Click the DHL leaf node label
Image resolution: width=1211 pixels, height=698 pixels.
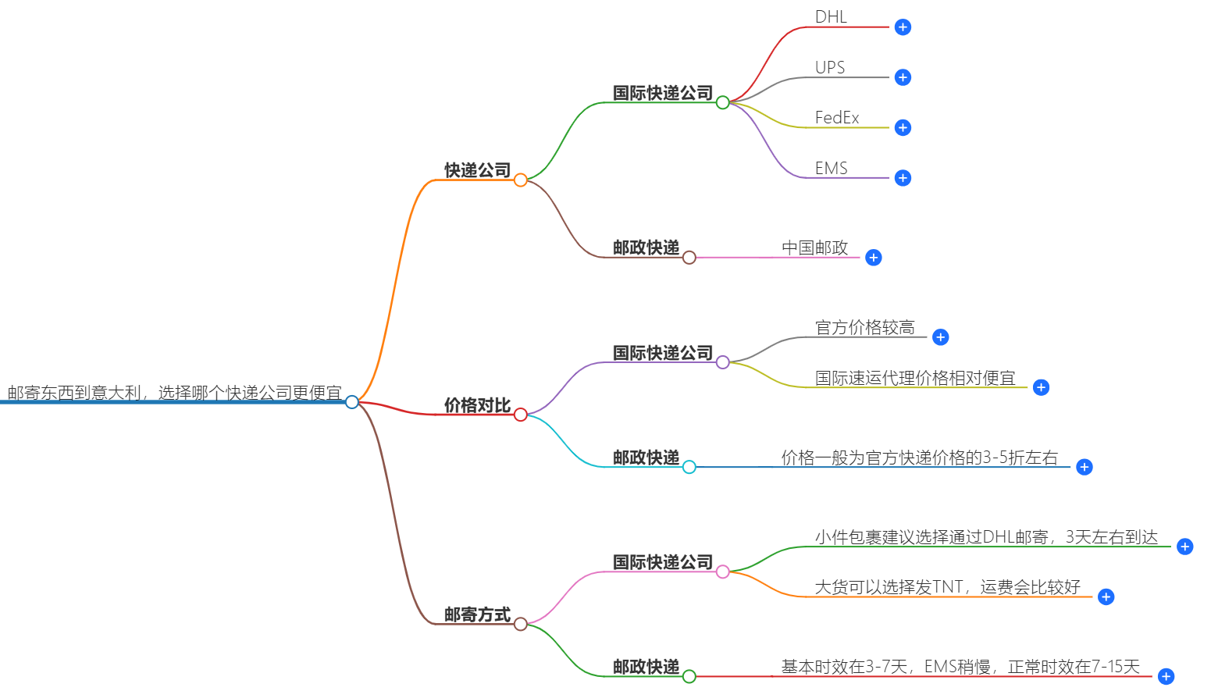(830, 17)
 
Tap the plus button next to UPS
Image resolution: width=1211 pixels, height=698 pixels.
(903, 77)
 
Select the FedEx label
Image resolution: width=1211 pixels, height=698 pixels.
(836, 118)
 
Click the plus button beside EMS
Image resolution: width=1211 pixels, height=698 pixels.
(903, 178)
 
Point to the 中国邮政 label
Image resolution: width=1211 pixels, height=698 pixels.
(814, 248)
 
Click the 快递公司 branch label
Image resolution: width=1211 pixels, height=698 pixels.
(477, 170)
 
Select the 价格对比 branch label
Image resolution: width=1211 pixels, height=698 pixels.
(477, 405)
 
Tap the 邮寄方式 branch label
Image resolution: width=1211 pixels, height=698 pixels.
(477, 614)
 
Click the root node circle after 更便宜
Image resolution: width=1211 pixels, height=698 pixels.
(352, 402)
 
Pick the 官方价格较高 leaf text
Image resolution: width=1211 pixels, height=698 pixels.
(864, 328)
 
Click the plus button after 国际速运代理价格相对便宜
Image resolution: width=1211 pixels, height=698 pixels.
(1041, 387)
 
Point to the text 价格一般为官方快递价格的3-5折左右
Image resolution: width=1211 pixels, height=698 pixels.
(919, 458)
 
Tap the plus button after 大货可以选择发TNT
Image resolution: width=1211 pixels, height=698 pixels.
(1106, 597)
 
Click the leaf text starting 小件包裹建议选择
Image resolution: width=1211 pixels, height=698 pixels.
(985, 537)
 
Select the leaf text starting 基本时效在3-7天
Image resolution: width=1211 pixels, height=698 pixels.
(960, 667)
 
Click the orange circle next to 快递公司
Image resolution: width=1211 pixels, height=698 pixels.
(521, 180)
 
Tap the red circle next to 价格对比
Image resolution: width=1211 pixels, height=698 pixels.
(521, 415)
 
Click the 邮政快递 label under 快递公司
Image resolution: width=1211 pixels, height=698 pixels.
(646, 248)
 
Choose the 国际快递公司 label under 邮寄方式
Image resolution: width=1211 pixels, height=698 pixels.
(662, 562)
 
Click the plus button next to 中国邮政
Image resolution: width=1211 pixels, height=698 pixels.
(874, 258)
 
